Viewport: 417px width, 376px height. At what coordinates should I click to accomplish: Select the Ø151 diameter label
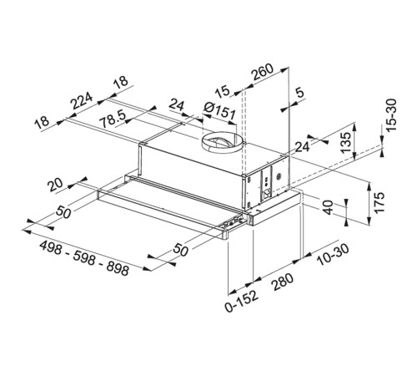tap(221, 113)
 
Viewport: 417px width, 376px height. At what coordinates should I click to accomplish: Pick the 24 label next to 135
tap(303, 147)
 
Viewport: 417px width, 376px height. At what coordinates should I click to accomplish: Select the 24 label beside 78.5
tap(174, 105)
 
